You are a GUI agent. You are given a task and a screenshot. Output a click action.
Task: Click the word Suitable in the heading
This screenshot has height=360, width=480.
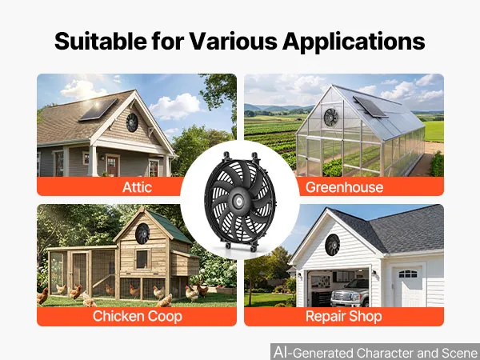(100, 41)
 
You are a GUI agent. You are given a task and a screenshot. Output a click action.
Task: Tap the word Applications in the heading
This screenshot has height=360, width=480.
(354, 42)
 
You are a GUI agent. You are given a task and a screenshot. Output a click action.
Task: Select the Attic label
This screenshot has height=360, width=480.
(137, 187)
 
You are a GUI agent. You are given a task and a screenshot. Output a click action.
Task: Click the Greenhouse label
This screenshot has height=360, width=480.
(344, 187)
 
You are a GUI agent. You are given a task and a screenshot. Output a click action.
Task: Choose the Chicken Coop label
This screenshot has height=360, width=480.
(137, 316)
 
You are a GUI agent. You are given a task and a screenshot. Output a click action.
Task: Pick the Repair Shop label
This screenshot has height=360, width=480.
(343, 317)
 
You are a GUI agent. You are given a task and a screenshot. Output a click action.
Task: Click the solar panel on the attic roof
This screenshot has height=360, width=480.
(98, 110)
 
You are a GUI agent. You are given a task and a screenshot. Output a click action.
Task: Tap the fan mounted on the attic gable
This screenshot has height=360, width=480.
(132, 122)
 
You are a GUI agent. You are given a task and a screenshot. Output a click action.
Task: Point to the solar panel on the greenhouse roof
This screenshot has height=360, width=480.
(370, 107)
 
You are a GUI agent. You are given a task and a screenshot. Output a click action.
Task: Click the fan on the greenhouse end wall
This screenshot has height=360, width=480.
(331, 118)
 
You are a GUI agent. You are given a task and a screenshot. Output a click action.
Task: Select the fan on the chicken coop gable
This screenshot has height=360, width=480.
(142, 234)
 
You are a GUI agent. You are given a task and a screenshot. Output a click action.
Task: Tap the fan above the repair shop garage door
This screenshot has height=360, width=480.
(333, 245)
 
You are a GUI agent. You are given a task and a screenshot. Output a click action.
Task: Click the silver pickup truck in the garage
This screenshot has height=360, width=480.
(350, 293)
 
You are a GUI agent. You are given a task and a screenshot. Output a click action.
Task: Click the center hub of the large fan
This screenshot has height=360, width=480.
(238, 201)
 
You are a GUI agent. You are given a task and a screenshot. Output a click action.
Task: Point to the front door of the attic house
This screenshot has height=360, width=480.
(112, 166)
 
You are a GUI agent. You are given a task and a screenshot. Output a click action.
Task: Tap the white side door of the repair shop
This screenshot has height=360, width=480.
(407, 286)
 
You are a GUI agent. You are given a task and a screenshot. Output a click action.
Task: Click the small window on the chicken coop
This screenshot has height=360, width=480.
(142, 259)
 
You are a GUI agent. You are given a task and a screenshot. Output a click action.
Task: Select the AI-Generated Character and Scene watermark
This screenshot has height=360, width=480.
(376, 352)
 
